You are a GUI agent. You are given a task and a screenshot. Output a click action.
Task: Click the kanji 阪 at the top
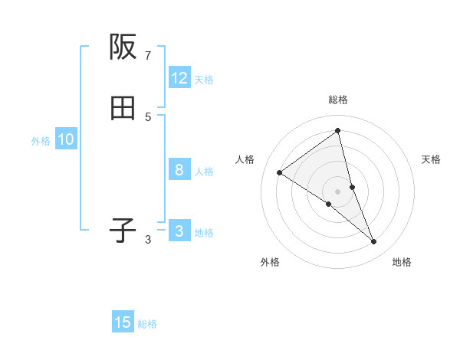[x=123, y=47]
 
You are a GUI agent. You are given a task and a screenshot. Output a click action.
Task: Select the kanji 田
[x=123, y=109]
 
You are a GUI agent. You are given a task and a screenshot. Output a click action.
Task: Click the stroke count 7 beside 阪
[x=148, y=56]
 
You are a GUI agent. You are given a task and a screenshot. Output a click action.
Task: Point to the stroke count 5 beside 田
[x=148, y=116]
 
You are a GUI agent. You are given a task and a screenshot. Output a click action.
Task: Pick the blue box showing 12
[x=179, y=78]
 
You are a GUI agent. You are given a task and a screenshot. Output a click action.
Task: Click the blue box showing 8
[x=179, y=170]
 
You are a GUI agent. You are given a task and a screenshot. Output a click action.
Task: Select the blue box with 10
[x=66, y=139]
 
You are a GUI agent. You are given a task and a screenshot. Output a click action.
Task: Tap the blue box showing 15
[x=123, y=322]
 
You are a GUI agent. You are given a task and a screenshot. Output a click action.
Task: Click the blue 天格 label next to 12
[x=204, y=80]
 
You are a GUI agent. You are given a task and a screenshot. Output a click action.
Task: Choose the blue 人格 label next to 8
[x=204, y=172]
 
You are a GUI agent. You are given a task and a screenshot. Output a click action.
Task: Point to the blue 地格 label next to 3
[x=204, y=233]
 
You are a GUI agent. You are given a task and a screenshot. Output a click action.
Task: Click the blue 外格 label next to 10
[x=41, y=141]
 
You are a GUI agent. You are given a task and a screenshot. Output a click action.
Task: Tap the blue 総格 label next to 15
[x=147, y=324]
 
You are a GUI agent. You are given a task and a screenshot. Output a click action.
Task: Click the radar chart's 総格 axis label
[x=338, y=100]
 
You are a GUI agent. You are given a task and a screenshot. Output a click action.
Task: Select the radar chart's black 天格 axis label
[x=432, y=159]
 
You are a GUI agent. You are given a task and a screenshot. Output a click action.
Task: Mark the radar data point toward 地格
[x=374, y=242]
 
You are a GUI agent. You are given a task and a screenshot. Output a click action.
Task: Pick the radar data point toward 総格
[x=338, y=131]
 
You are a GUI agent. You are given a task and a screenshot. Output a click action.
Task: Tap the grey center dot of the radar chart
[x=338, y=191]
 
